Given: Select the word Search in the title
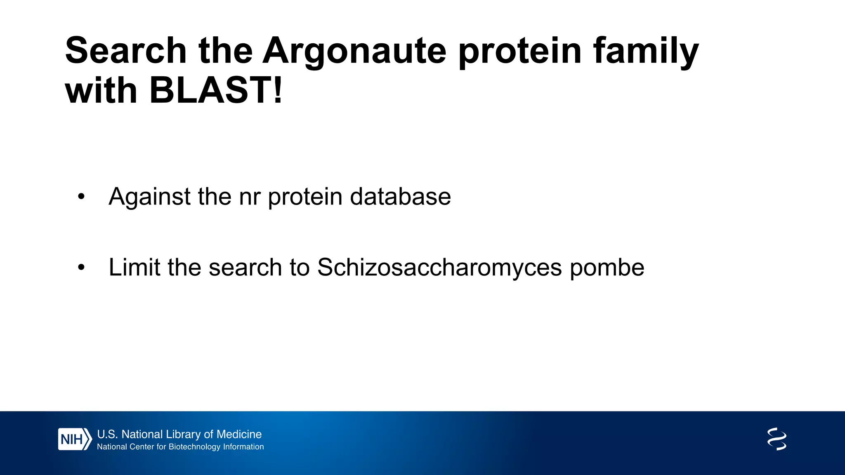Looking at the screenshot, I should [126, 51].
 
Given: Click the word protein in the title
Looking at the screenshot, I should [520, 51].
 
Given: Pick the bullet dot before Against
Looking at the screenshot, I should [81, 197].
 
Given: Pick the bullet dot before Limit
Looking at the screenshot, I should [81, 268].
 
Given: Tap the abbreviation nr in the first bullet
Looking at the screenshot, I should [250, 197].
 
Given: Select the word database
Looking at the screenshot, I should [400, 197].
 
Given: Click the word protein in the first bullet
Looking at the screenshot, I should [305, 197].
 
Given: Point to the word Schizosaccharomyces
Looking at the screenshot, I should [439, 268].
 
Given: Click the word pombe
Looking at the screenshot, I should [607, 268].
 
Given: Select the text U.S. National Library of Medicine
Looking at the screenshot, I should [179, 434].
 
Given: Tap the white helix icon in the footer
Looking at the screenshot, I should [777, 439].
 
